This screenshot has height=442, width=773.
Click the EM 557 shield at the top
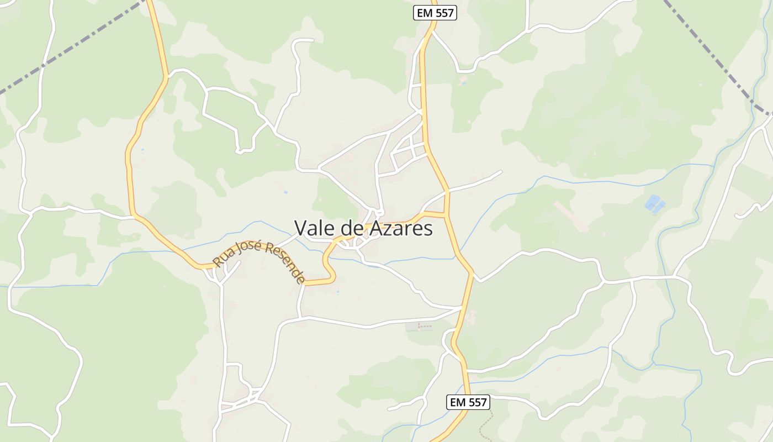435,13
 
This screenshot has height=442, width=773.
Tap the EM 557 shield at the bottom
468,402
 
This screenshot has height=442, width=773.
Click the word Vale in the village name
313,228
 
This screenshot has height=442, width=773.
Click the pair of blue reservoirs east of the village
654,204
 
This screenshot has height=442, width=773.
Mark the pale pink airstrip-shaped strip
571,217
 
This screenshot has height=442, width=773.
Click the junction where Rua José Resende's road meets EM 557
446,213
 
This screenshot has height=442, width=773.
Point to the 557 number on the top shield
444,13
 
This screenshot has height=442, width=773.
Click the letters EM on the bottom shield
457,402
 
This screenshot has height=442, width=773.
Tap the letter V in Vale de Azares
300,228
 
